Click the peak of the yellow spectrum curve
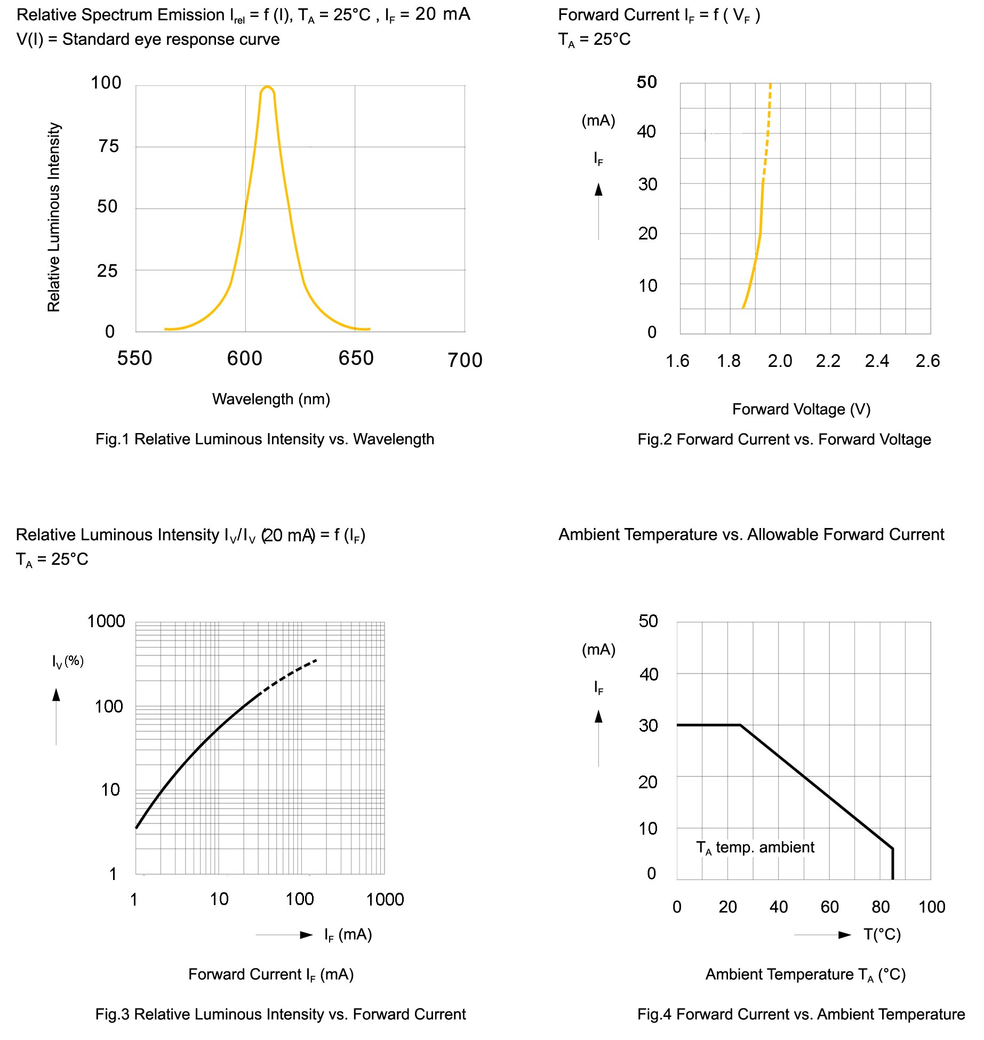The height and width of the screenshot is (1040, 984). pos(267,87)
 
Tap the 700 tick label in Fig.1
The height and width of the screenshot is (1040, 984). pos(465,361)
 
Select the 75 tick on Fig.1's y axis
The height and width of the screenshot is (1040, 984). pos(109,146)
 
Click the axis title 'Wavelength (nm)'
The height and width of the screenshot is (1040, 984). pos(271,399)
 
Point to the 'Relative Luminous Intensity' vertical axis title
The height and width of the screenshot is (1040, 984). pos(54,217)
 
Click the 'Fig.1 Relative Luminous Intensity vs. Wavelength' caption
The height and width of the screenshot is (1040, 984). pos(265,439)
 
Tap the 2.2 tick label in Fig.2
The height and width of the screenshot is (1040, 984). pos(828,361)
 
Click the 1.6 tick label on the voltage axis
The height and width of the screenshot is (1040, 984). pos(677,361)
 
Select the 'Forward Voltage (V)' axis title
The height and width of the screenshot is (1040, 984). pos(801,409)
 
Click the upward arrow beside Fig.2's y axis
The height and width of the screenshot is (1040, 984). pos(598,190)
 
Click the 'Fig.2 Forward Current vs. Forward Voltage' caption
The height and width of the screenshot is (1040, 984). pos(784,439)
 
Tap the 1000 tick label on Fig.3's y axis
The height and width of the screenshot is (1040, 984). pos(106,621)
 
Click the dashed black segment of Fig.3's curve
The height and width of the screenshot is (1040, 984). pos(289,675)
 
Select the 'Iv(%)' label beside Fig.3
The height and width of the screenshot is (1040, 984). pos(68,661)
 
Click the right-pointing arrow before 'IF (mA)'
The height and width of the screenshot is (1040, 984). pos(306,935)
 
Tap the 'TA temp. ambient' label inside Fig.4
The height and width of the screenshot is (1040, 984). pos(755,847)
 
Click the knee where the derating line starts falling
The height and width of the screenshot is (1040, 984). pos(740,725)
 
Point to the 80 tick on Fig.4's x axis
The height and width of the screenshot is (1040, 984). pos(881,907)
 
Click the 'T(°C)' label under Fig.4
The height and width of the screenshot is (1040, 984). pos(882,934)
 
